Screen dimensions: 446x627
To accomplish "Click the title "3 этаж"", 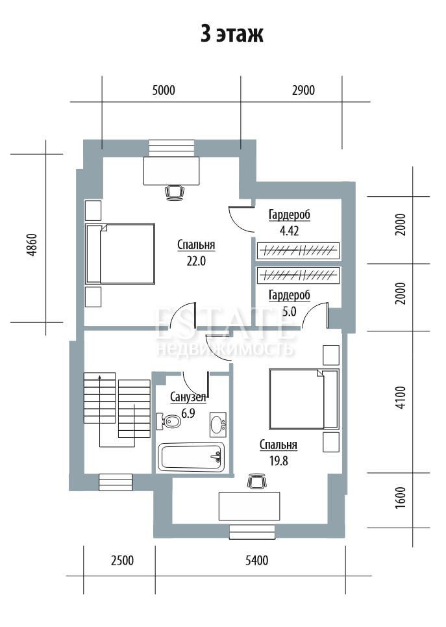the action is click(x=232, y=34).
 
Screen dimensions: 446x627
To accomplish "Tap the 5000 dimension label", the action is click(x=164, y=90).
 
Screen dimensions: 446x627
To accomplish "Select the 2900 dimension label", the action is click(x=303, y=90).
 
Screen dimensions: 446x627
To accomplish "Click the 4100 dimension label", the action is click(x=401, y=397).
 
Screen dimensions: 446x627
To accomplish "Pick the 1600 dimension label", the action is click(x=401, y=498).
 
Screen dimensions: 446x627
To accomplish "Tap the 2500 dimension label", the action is click(x=122, y=560).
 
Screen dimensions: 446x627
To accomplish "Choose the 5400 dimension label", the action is click(x=256, y=560).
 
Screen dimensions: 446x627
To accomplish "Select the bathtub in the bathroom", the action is click(x=192, y=457).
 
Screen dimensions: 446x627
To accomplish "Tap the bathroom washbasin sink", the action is click(x=217, y=425).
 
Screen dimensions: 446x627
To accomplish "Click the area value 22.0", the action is click(x=196, y=261).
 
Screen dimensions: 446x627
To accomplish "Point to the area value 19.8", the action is click(x=279, y=461).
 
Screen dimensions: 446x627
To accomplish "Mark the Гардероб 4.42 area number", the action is click(x=290, y=231).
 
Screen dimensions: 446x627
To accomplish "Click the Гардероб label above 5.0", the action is click(x=290, y=296).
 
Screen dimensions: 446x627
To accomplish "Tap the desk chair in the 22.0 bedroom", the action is click(x=175, y=192).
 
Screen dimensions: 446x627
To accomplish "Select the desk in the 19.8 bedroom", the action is click(x=249, y=506).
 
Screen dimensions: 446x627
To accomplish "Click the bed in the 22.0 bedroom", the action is click(x=120, y=254).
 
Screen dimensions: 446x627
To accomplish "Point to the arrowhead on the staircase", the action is click(x=99, y=376).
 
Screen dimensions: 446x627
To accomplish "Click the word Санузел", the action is click(x=188, y=397).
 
